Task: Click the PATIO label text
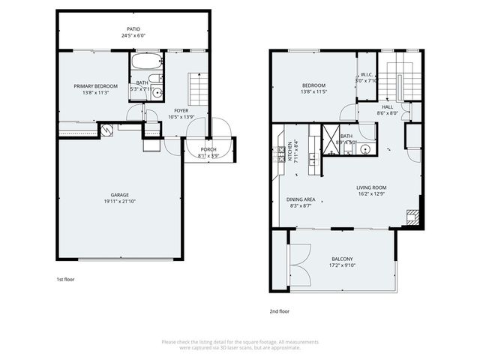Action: click(x=132, y=28)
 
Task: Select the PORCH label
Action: click(x=208, y=149)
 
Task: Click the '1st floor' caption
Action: click(x=65, y=279)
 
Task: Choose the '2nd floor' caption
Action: click(x=279, y=310)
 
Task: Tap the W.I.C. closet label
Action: click(x=367, y=74)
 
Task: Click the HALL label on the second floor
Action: click(x=387, y=106)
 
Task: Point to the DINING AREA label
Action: click(x=300, y=199)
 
